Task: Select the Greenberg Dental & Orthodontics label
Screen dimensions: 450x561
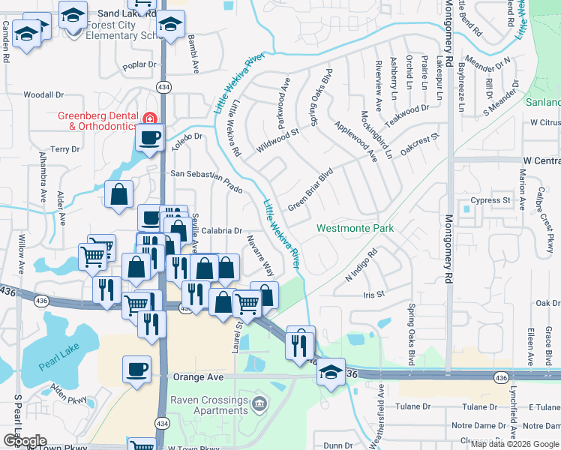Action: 98,121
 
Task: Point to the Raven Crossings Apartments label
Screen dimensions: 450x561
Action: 208,406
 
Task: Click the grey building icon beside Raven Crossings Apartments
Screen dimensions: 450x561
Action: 259,403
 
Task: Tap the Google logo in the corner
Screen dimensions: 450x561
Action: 25,441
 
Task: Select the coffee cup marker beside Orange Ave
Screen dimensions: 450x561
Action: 136,370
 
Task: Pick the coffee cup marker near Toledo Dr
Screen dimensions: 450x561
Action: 149,136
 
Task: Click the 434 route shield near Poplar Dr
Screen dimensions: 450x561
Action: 163,88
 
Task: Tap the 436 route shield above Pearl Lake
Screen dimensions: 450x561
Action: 40,300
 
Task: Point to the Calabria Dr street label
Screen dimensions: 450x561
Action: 221,231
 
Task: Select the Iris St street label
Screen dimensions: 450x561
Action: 373,295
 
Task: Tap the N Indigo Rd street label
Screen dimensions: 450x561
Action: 360,266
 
